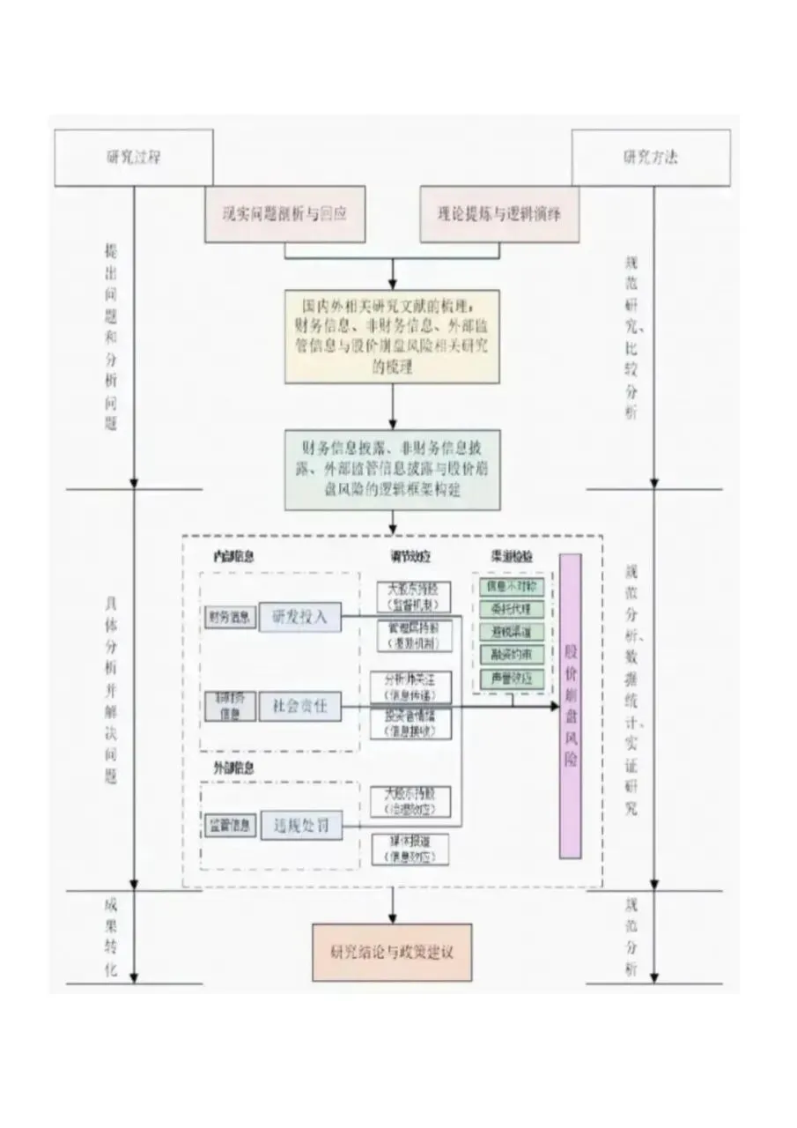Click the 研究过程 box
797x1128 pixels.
coord(134,158)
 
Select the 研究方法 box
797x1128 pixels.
coord(651,158)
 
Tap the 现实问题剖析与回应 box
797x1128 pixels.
coord(285,213)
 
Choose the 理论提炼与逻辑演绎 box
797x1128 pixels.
coord(499,213)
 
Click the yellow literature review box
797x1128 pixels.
coord(392,336)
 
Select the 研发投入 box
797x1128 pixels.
coord(299,617)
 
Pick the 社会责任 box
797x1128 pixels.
coord(299,705)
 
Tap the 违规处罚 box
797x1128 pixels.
coord(299,826)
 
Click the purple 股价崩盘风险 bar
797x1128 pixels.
coord(571,705)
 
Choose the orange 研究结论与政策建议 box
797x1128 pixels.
coord(392,952)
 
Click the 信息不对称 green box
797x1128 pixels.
coord(511,586)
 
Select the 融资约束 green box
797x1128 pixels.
coord(511,656)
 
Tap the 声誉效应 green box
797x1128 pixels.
coord(511,679)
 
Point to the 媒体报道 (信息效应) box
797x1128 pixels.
coord(410,849)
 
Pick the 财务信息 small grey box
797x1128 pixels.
coord(229,617)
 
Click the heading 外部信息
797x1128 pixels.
coord(233,768)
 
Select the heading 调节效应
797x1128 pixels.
coord(410,557)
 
